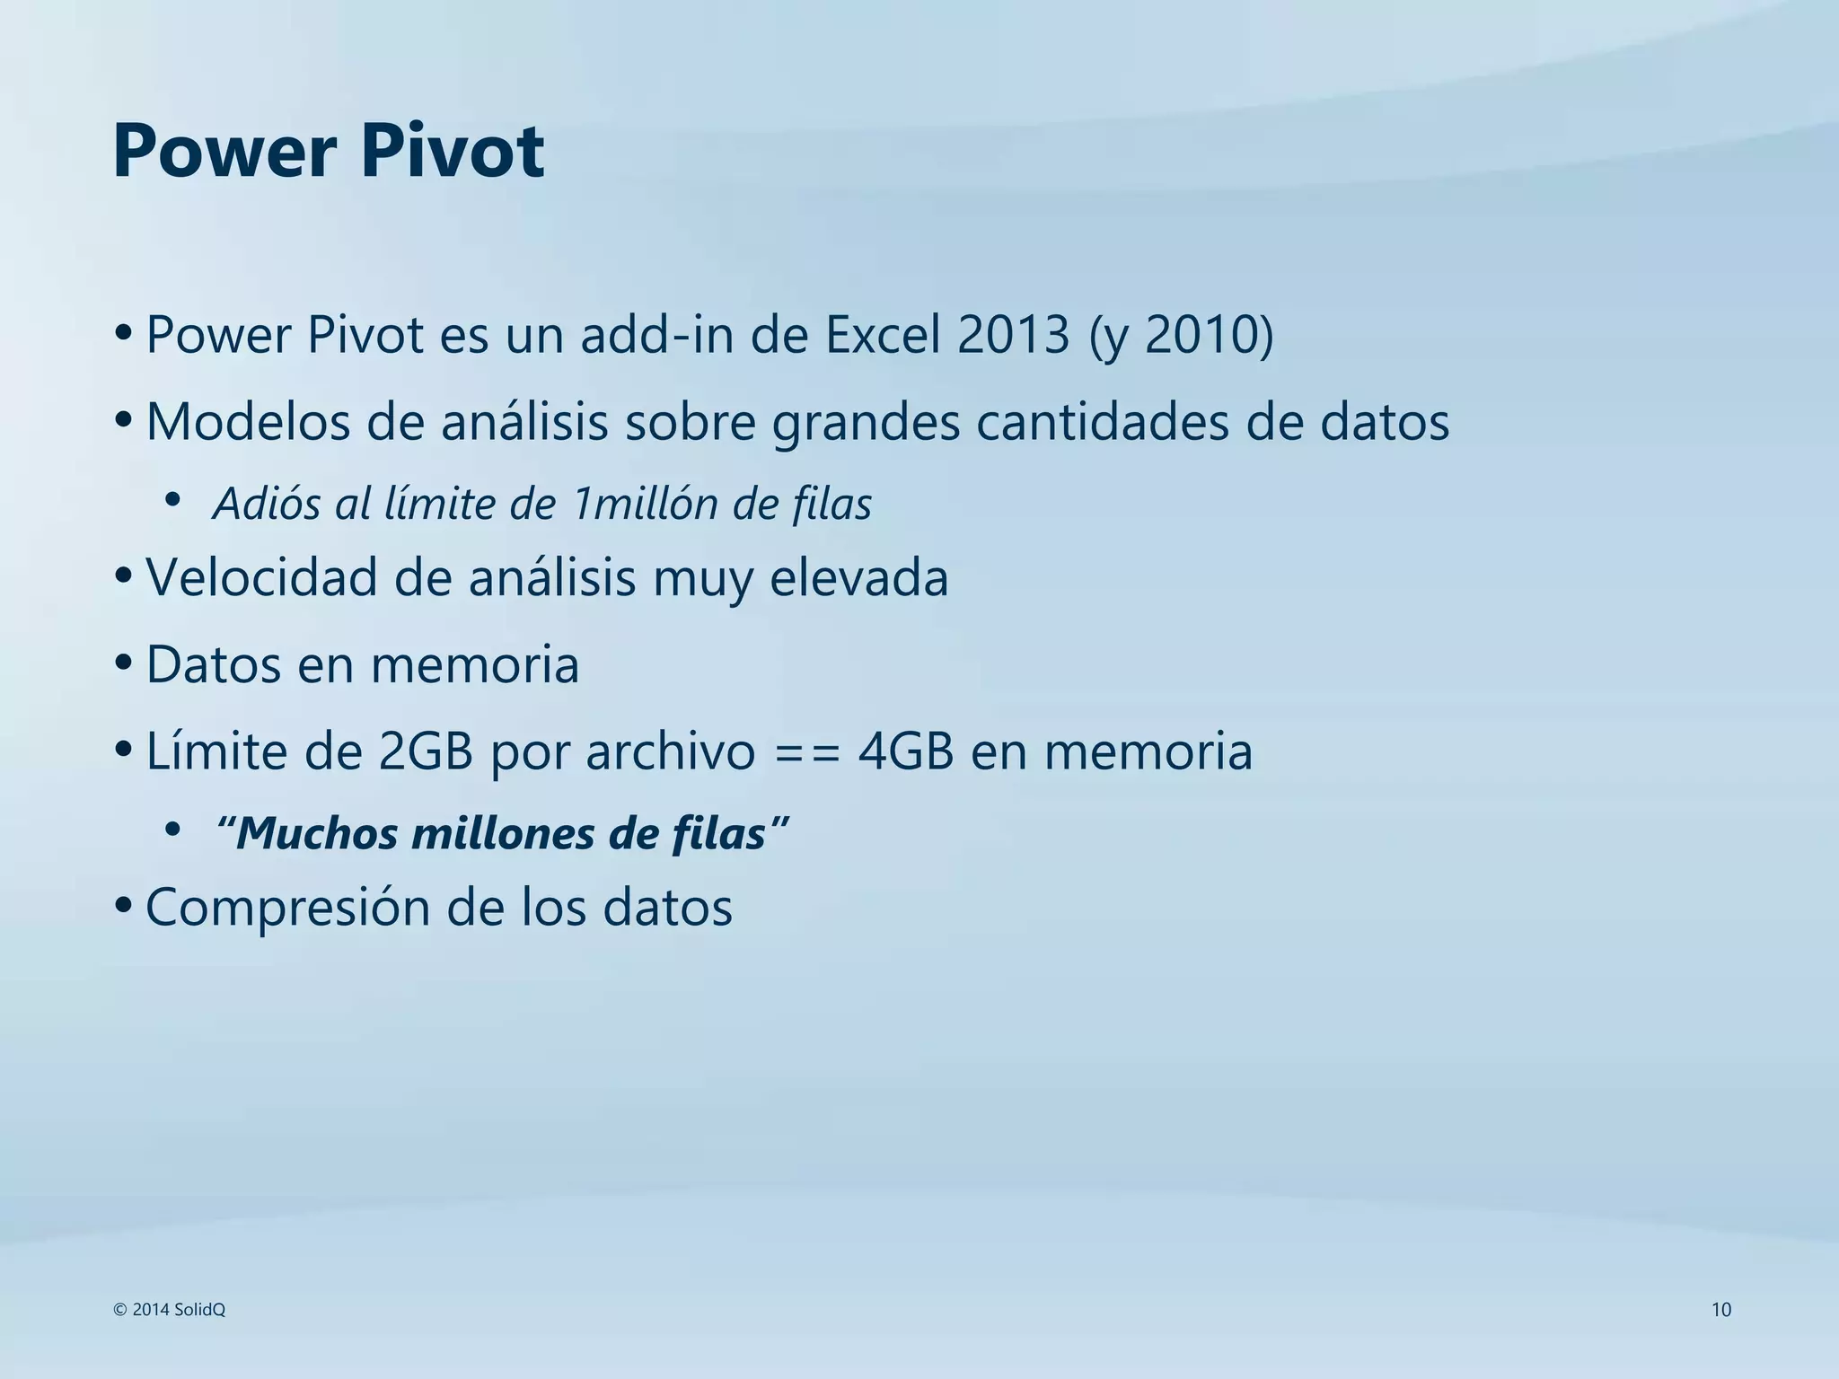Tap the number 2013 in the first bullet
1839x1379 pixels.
point(1014,335)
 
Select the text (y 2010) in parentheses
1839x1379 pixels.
point(1181,335)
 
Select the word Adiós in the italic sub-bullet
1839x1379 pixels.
point(267,504)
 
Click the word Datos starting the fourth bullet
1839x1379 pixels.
point(214,665)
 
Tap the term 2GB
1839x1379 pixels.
point(426,751)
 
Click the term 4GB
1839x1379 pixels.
point(905,751)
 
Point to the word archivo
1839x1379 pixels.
point(671,751)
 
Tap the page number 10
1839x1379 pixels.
point(1720,1310)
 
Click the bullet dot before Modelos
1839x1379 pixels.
point(124,419)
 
